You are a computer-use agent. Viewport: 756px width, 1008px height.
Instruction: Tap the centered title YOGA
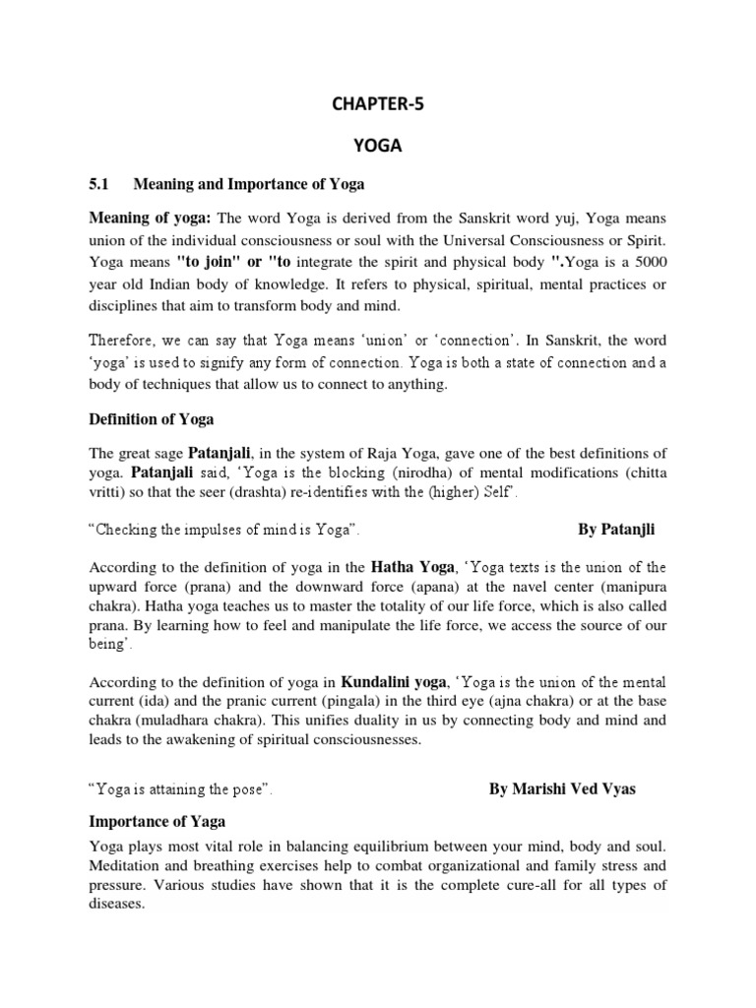[x=378, y=145]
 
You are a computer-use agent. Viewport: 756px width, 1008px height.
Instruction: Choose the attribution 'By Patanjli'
[x=616, y=531]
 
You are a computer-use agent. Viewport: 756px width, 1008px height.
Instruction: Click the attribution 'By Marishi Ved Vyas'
[x=562, y=790]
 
